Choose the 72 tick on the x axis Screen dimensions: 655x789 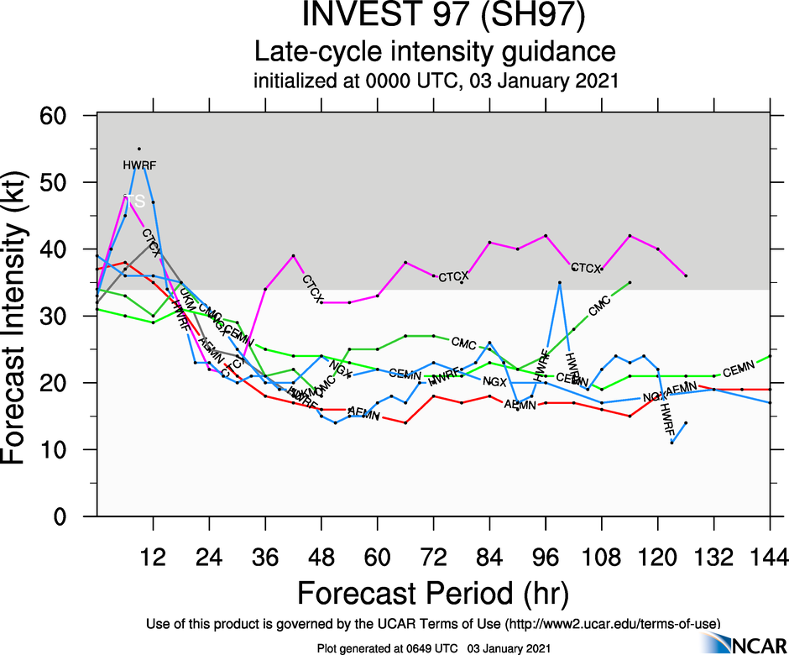(x=433, y=558)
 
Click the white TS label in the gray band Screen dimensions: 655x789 (x=134, y=201)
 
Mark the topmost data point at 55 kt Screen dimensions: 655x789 (x=139, y=149)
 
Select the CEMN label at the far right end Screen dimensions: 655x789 (x=739, y=369)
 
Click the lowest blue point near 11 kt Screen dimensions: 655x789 (x=671, y=443)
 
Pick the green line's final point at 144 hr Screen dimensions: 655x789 (x=770, y=356)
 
